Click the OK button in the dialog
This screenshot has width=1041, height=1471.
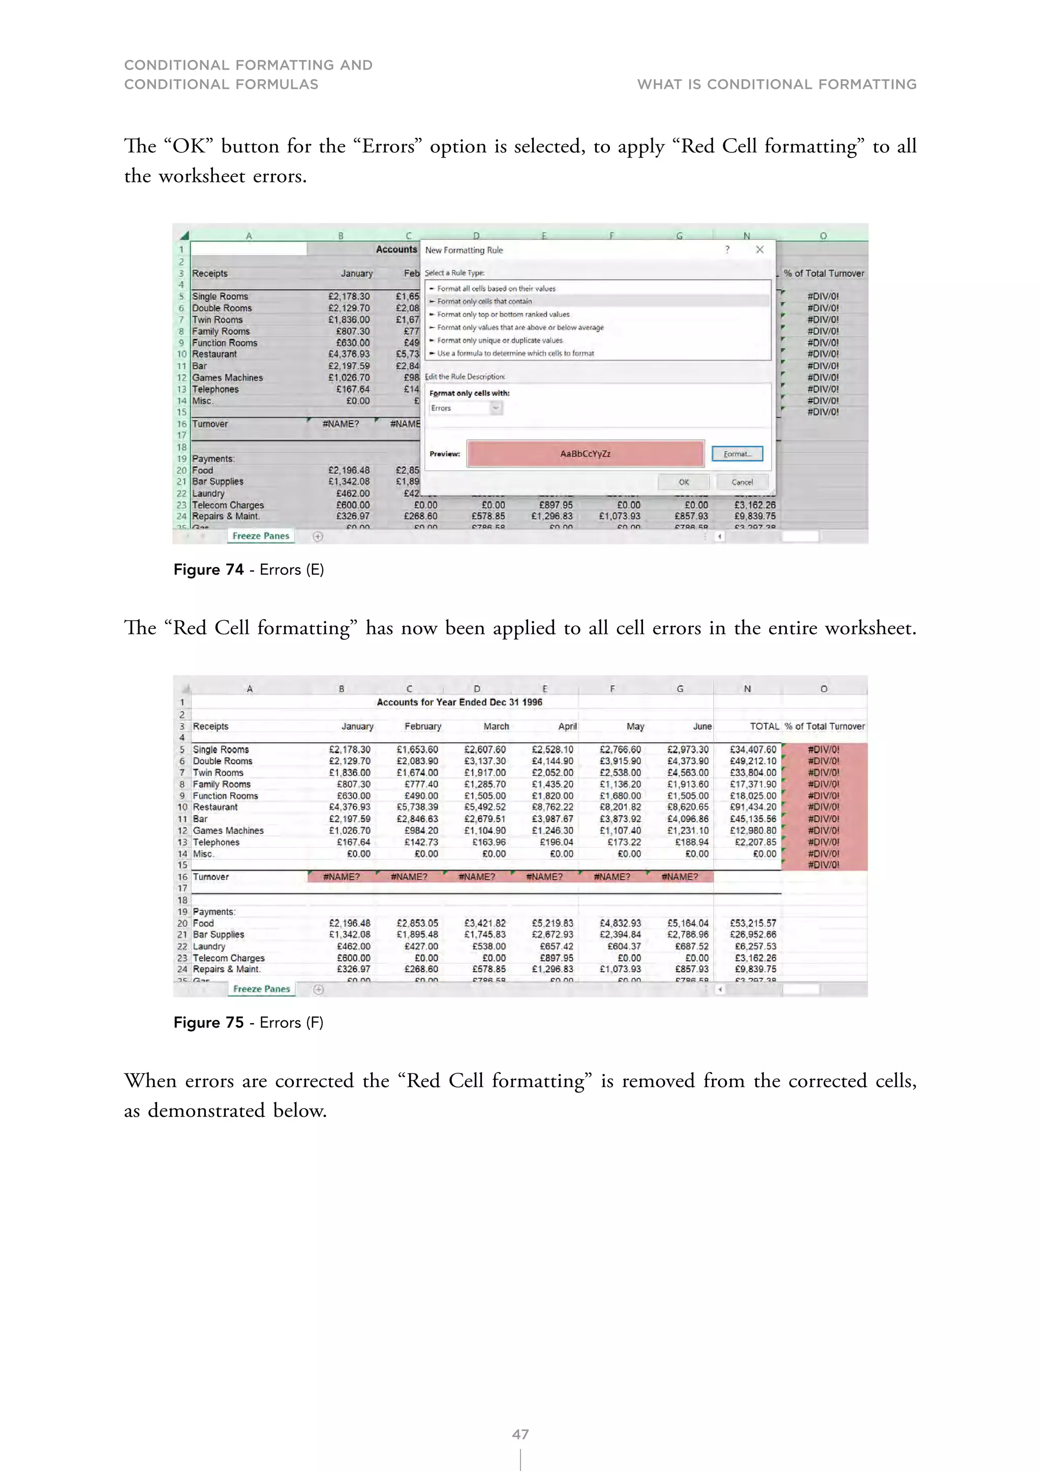point(683,482)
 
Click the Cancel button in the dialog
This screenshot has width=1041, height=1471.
point(742,482)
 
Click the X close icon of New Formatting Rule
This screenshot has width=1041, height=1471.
point(759,250)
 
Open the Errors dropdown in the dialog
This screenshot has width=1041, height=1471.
point(496,408)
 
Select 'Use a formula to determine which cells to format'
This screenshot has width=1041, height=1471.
point(515,353)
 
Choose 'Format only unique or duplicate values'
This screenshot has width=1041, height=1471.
point(499,340)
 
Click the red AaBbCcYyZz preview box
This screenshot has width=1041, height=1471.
point(585,454)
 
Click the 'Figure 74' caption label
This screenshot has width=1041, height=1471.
point(209,569)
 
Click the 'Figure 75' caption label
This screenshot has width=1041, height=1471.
point(209,1022)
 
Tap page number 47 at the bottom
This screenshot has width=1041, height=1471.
point(520,1434)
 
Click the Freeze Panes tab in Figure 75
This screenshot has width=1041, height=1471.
point(261,988)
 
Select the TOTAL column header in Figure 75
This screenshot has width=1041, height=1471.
point(764,726)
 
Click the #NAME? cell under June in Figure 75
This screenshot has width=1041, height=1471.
point(680,876)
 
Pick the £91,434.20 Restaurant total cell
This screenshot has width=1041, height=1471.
point(753,807)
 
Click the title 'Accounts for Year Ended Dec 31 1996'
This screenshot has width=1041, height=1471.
point(459,702)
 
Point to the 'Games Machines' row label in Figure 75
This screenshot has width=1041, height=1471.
point(228,830)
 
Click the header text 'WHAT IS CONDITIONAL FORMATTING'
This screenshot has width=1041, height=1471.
point(776,84)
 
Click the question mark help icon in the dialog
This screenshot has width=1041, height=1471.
point(727,250)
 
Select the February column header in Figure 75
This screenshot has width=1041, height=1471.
point(422,726)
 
